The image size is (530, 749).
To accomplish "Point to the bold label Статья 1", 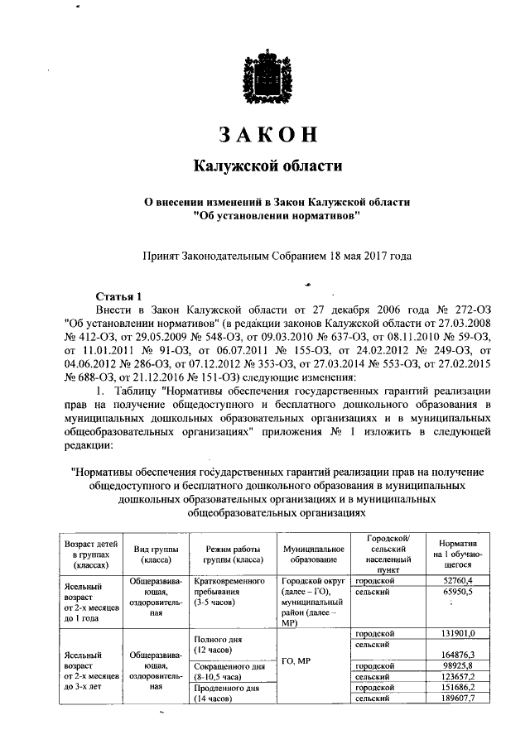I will coord(120,296).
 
